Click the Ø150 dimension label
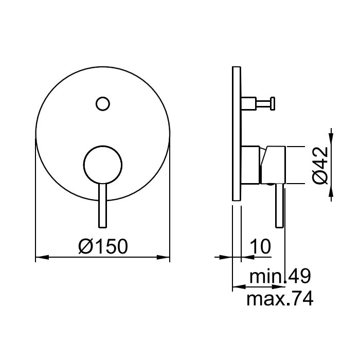point(103,246)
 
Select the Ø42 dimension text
point(320,165)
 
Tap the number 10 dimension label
point(260,246)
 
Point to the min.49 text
point(280,276)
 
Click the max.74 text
point(280,298)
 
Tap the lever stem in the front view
point(103,206)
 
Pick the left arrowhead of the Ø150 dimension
point(42,257)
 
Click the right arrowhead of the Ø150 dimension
point(163,257)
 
